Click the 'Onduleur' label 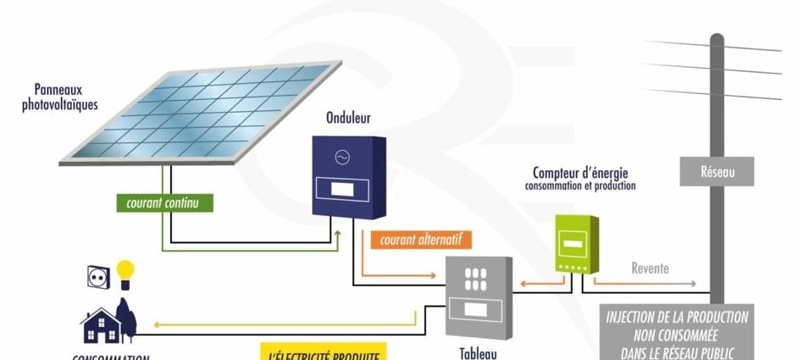[x=348, y=118]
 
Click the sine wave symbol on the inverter [x=343, y=158]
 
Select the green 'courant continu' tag [x=164, y=203]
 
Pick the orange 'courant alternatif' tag [x=419, y=240]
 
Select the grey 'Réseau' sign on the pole [x=717, y=172]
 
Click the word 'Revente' [x=650, y=269]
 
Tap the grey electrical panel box [x=479, y=296]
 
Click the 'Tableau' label [x=479, y=353]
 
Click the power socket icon [x=98, y=276]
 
